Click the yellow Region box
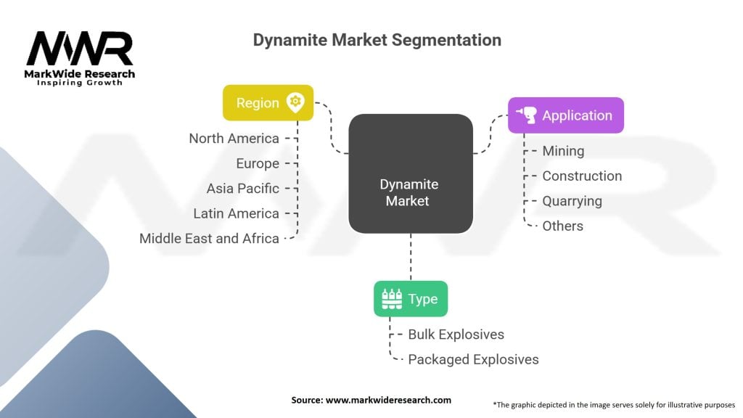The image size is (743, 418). pyautogui.click(x=268, y=102)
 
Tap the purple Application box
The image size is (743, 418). pyautogui.click(x=566, y=115)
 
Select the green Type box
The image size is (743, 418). pyautogui.click(x=411, y=298)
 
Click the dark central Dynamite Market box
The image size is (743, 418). pyautogui.click(x=411, y=173)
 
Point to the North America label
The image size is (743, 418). pyautogui.click(x=234, y=139)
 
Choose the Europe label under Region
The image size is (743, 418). pyautogui.click(x=258, y=163)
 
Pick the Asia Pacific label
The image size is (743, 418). pyautogui.click(x=242, y=189)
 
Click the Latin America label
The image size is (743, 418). pyautogui.click(x=236, y=214)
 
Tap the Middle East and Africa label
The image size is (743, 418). pyautogui.click(x=209, y=238)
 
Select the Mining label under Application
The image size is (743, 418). pyautogui.click(x=563, y=151)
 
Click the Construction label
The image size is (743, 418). pyautogui.click(x=582, y=176)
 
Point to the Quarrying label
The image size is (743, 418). pyautogui.click(x=572, y=202)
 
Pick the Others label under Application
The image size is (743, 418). pyautogui.click(x=562, y=226)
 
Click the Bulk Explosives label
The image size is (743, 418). pyautogui.click(x=456, y=335)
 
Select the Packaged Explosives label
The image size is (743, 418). pyautogui.click(x=473, y=360)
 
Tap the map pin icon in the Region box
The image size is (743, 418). pyautogui.click(x=295, y=102)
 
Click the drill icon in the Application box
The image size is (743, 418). pyautogui.click(x=527, y=115)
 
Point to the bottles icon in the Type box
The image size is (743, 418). pyautogui.click(x=392, y=298)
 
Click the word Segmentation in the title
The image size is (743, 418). pyautogui.click(x=446, y=41)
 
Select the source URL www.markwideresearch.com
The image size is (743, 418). pyautogui.click(x=389, y=400)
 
